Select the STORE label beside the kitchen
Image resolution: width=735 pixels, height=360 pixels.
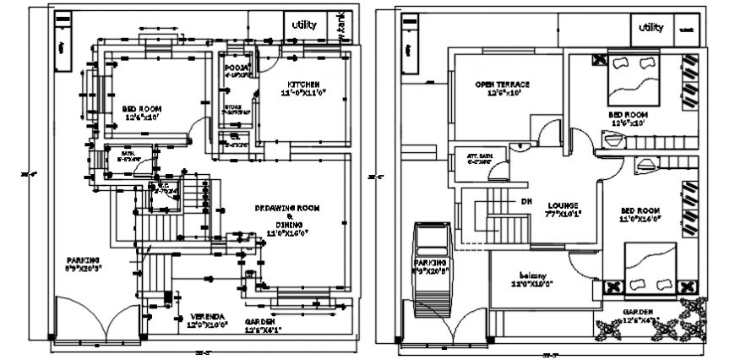point(233,107)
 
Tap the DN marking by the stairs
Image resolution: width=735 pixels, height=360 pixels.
point(525,201)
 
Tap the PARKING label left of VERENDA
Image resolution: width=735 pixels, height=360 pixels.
point(84,259)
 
